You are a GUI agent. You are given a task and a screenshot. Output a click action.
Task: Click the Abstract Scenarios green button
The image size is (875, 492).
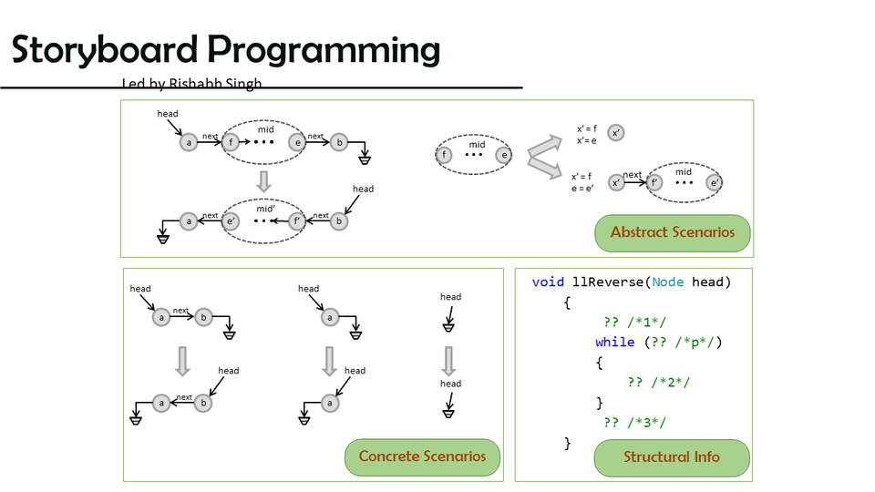pos(673,232)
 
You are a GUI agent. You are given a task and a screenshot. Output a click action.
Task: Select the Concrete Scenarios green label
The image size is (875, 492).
pos(422,456)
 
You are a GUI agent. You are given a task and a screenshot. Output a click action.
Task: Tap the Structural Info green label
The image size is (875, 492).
pos(671,457)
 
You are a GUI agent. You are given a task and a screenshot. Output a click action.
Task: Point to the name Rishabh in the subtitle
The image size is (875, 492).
pos(201,84)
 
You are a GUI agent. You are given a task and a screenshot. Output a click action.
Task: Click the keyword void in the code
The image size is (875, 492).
pos(548,282)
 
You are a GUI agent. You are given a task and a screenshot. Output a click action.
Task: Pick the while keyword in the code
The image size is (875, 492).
pos(614,343)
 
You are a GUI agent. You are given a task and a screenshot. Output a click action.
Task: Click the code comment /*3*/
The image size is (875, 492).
pos(647,422)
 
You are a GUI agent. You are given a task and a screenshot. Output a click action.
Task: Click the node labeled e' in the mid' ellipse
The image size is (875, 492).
pos(232,220)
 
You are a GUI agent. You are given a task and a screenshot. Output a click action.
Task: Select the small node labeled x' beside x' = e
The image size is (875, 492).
pos(617,133)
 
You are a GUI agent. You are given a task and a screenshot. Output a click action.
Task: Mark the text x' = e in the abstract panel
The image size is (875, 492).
pos(587,140)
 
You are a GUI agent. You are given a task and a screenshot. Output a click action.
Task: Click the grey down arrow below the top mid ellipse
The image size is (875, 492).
pos(264,180)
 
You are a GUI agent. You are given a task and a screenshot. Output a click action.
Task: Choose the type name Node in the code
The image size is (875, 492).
pos(667,282)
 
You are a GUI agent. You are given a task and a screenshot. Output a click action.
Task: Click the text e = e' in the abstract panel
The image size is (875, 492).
pos(582,189)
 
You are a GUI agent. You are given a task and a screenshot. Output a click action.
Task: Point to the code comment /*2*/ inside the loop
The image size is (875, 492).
pos(671,383)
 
